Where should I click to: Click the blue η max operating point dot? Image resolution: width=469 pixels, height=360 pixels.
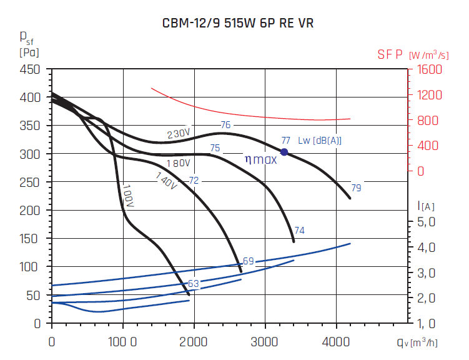click(x=284, y=152)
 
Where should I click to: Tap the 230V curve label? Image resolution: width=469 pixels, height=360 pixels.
click(x=178, y=134)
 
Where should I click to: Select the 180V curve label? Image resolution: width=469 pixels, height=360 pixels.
click(x=178, y=164)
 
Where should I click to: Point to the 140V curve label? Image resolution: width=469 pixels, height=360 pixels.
click(x=167, y=181)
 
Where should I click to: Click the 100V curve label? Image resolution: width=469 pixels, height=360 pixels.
click(x=128, y=195)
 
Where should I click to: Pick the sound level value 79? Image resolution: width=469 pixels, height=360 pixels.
click(x=356, y=187)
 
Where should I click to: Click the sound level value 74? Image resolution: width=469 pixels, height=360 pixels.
click(x=299, y=231)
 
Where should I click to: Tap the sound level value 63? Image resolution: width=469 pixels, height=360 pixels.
click(x=194, y=284)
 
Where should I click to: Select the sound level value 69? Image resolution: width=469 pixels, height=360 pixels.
click(x=248, y=261)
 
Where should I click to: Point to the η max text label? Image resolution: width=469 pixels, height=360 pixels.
click(x=260, y=159)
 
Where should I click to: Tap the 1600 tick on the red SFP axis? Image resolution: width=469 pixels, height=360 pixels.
click(x=431, y=69)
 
